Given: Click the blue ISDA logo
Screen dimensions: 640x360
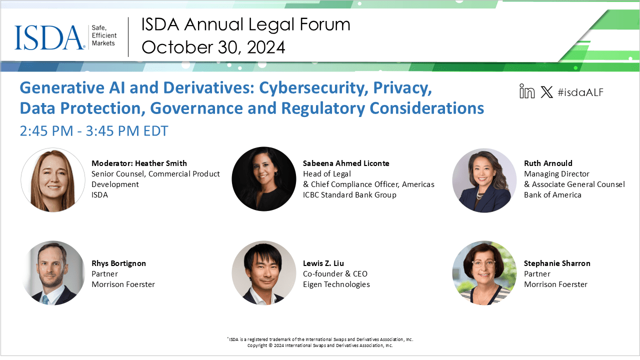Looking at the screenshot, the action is point(49,37).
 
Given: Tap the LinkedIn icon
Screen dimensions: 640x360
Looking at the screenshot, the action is point(527,91).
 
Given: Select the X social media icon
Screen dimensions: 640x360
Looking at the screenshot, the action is point(546,92).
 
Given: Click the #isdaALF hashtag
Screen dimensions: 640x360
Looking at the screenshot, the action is point(580,92).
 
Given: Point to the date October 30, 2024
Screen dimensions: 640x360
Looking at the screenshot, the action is point(213,47).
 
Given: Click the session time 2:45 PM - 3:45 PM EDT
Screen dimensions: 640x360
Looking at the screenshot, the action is point(94,131).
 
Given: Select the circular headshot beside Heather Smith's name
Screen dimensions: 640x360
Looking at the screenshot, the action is point(53,179).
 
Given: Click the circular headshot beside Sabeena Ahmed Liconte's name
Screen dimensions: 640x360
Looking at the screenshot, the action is point(263,179).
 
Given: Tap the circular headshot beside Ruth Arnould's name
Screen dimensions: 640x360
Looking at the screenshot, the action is point(484,180).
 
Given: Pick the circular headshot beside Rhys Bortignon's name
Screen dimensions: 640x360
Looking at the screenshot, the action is point(53,273).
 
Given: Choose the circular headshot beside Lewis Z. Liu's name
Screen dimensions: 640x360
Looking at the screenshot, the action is point(263,273).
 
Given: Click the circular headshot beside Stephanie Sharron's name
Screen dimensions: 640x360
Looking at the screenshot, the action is point(484,273).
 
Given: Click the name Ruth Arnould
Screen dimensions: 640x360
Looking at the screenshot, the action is point(548,163).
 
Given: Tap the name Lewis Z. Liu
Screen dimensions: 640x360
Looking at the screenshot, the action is point(323,263).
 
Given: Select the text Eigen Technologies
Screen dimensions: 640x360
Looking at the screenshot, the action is point(336,284).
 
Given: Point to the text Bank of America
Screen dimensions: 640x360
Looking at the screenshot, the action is point(552,195).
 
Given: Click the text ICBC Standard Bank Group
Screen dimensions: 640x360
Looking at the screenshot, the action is point(349,195).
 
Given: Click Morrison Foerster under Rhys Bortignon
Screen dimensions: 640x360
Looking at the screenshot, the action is point(123,284).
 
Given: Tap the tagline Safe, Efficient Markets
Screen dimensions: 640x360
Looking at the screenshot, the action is point(104,35).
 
